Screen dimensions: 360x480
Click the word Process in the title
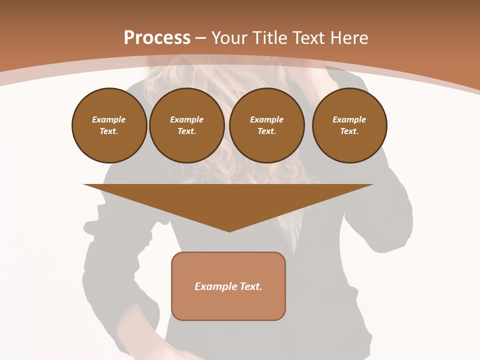tap(157, 38)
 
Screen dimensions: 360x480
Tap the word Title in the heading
tap(269, 38)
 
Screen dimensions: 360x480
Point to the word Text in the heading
tap(307, 38)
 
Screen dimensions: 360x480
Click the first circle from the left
tap(109, 125)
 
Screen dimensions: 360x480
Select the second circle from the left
tap(187, 125)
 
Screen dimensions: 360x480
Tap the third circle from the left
tap(266, 125)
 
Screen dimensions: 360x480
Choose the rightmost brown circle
tap(349, 125)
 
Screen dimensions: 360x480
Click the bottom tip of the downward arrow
tap(229, 230)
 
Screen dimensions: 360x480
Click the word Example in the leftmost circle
tap(109, 119)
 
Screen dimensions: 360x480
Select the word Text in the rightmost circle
tap(349, 131)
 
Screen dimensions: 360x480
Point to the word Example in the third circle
tap(266, 119)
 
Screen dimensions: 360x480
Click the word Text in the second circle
tap(187, 131)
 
